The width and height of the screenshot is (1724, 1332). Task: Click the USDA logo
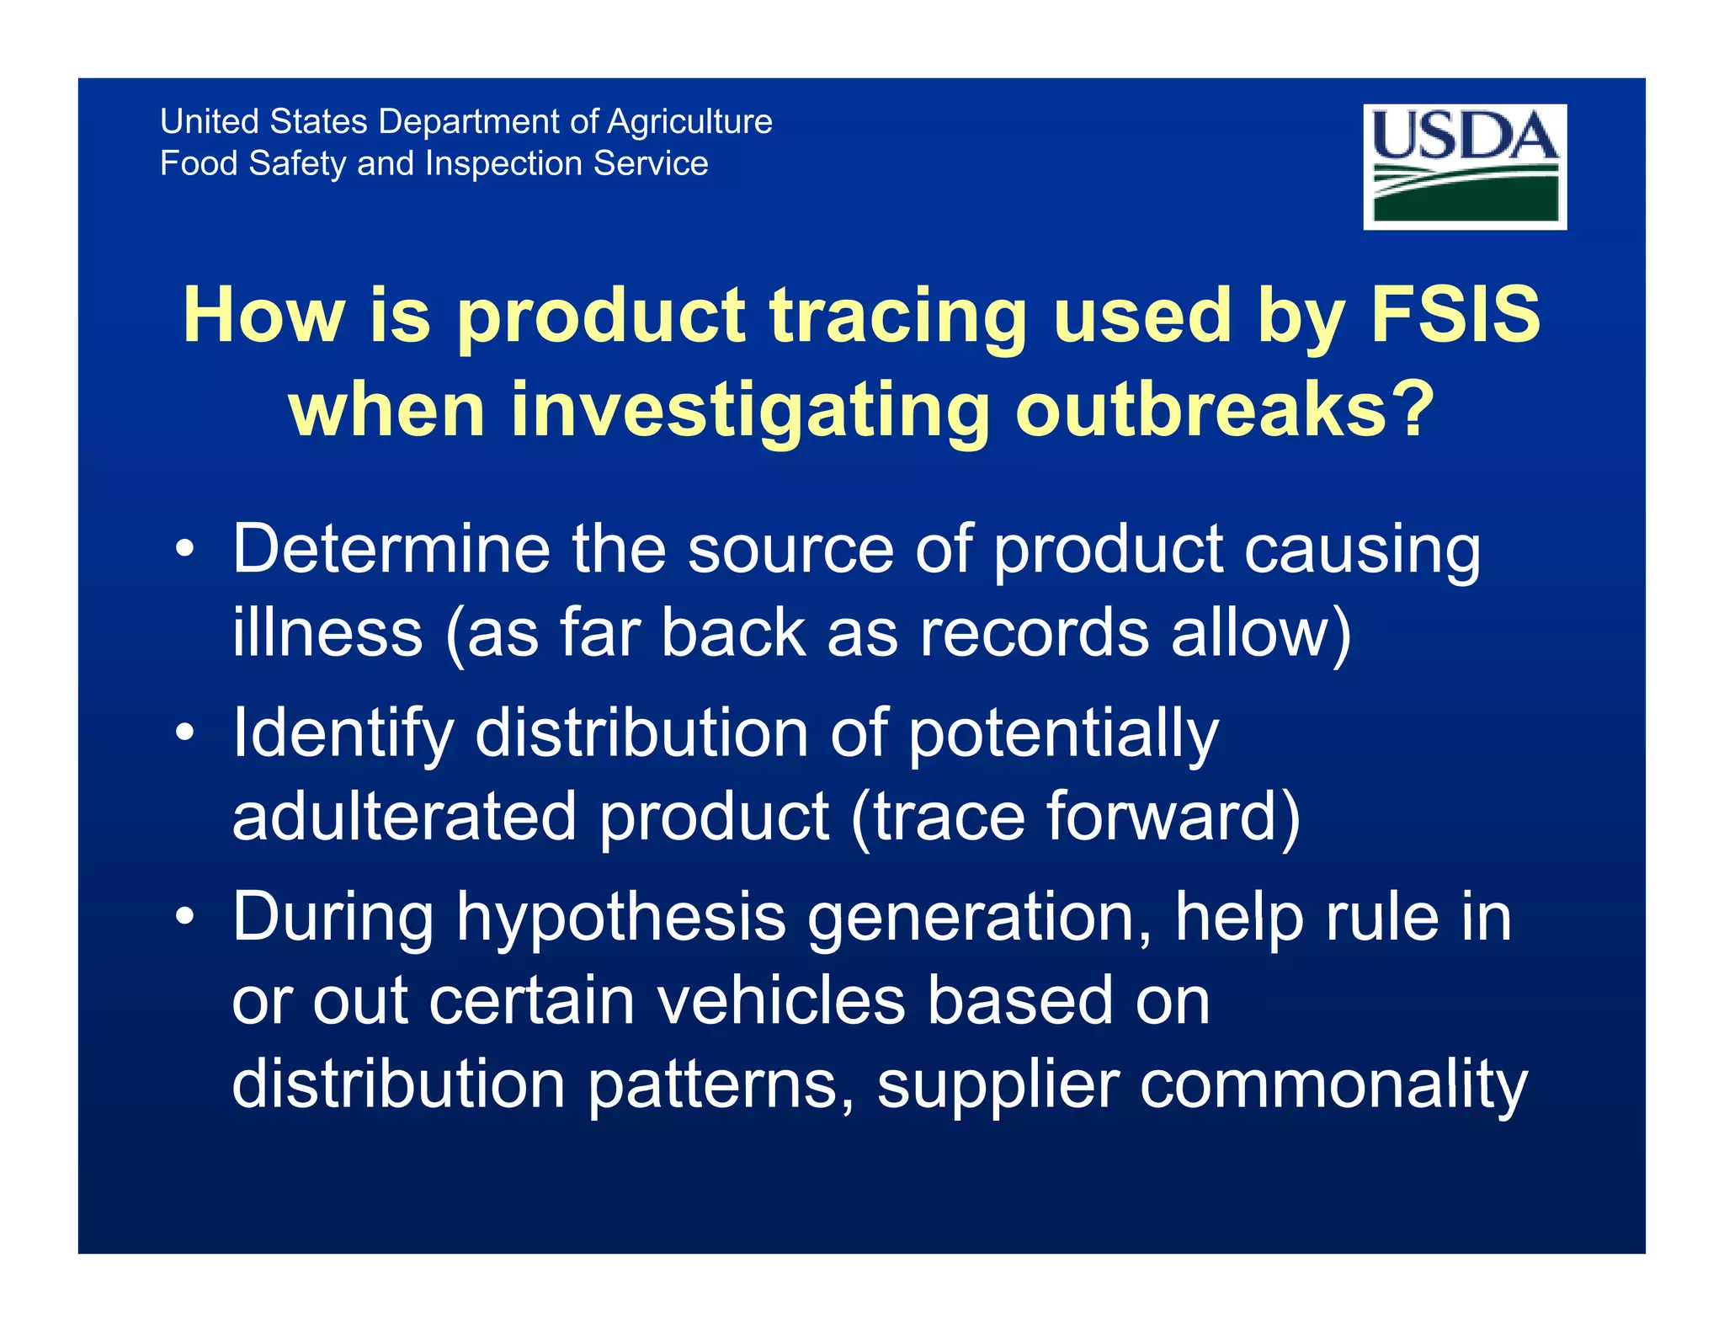(x=1464, y=166)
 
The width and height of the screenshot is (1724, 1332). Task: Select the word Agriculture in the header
(x=689, y=123)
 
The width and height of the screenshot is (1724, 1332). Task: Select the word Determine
(x=391, y=549)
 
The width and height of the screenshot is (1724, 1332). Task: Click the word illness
(x=327, y=632)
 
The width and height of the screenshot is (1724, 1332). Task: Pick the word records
(x=1034, y=632)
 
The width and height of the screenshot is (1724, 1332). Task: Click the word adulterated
(x=403, y=816)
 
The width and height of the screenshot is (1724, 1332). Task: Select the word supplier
(x=998, y=1087)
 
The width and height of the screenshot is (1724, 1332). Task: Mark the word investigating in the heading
(x=750, y=412)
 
